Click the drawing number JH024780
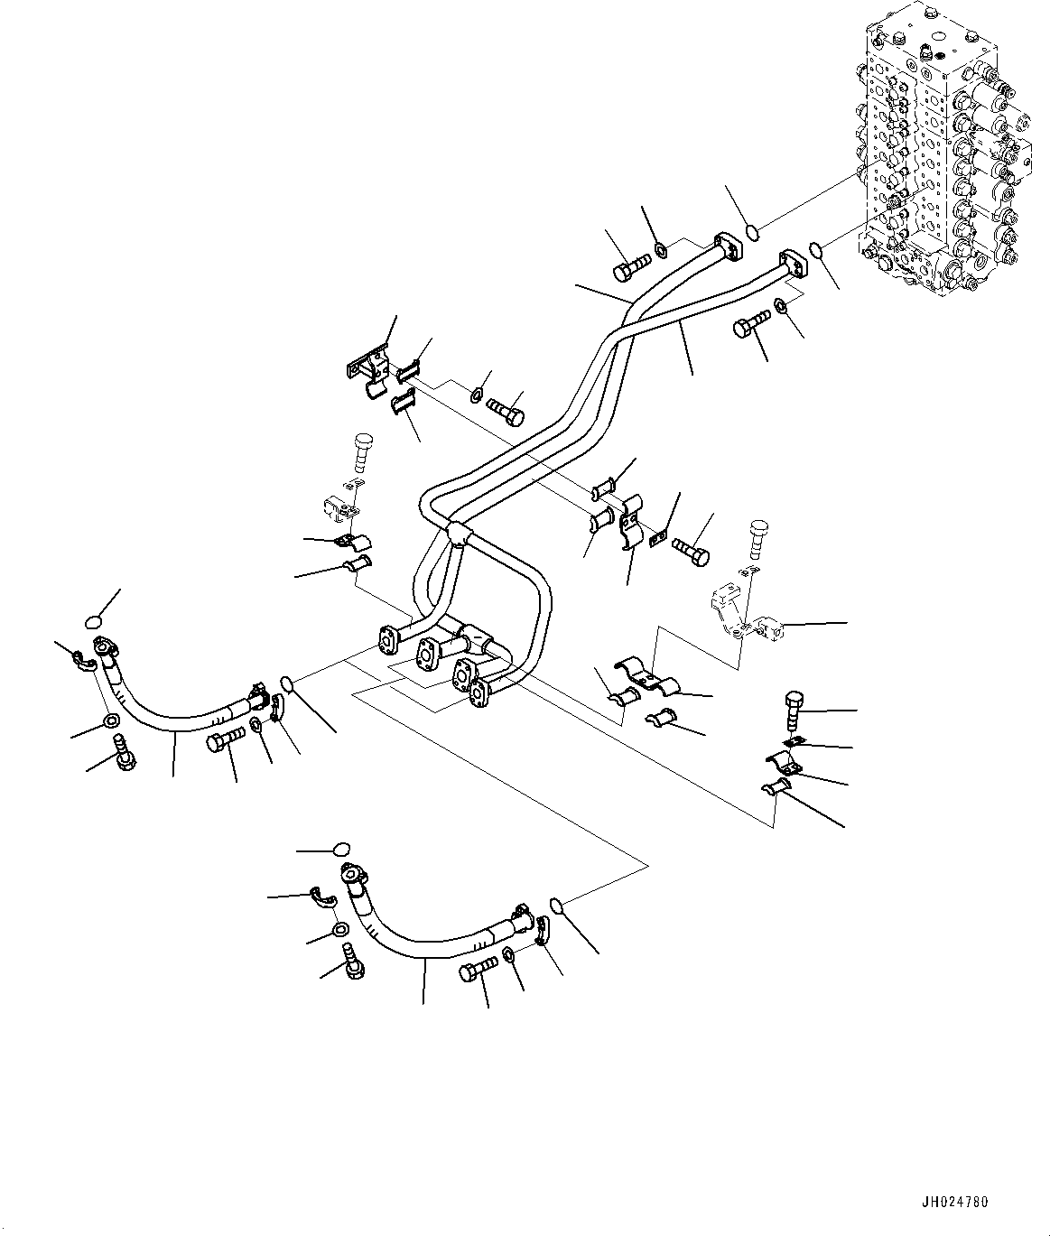tap(955, 1203)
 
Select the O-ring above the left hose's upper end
tap(93, 620)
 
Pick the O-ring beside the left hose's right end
tap(287, 681)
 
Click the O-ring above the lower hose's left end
tap(340, 849)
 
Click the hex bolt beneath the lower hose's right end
tap(476, 971)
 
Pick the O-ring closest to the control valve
tap(815, 249)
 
